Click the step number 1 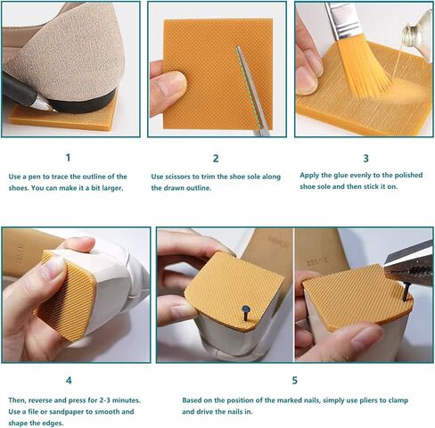pyautogui.click(x=68, y=158)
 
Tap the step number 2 pyautogui.click(x=216, y=159)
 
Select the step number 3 pyautogui.click(x=365, y=159)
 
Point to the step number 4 pyautogui.click(x=69, y=381)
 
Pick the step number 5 pyautogui.click(x=294, y=381)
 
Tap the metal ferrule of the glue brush pyautogui.click(x=337, y=21)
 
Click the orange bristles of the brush pyautogui.click(x=365, y=67)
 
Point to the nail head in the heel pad pyautogui.click(x=246, y=310)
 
